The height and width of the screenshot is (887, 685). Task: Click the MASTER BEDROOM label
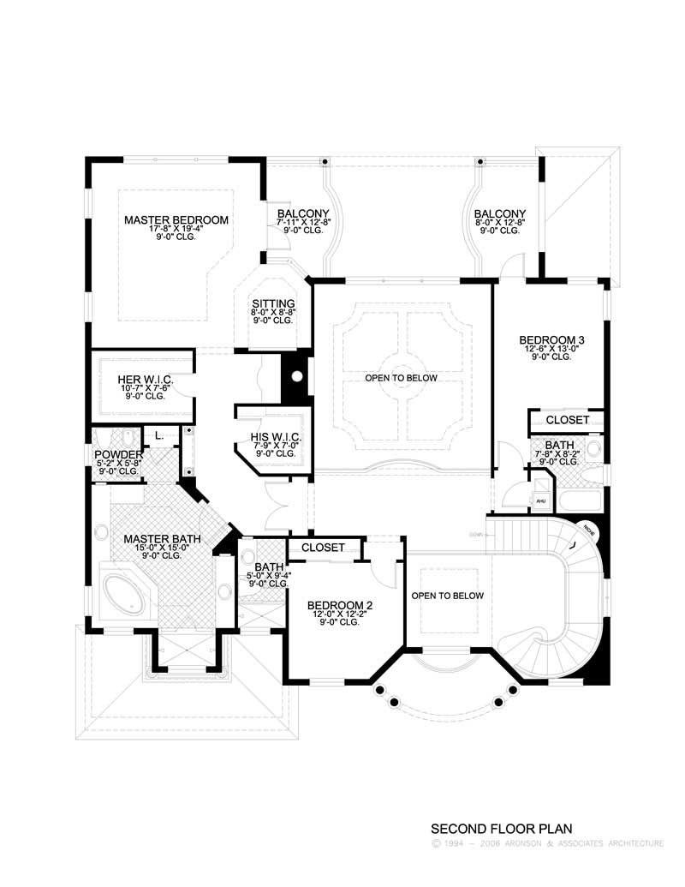(x=176, y=220)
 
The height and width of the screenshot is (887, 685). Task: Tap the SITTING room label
(x=272, y=303)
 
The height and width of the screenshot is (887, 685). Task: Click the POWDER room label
(x=117, y=453)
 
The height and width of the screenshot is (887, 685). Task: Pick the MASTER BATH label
(x=162, y=539)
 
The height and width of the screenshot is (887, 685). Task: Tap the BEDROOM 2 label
(x=340, y=605)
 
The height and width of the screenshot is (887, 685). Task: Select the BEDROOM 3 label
(x=552, y=340)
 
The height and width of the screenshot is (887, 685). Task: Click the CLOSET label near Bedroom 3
(x=567, y=420)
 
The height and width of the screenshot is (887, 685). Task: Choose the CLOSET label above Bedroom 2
(x=323, y=547)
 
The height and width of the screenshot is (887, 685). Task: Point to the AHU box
(x=540, y=500)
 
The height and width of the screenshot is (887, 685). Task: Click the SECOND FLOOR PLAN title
(x=501, y=829)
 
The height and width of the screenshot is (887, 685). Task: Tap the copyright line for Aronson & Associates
(x=547, y=844)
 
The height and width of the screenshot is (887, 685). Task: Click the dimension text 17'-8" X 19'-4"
(x=176, y=229)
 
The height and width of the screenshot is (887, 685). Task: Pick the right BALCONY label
(x=499, y=213)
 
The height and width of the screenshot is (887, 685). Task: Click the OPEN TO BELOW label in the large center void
(x=402, y=378)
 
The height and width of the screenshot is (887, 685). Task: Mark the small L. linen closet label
(x=158, y=435)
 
